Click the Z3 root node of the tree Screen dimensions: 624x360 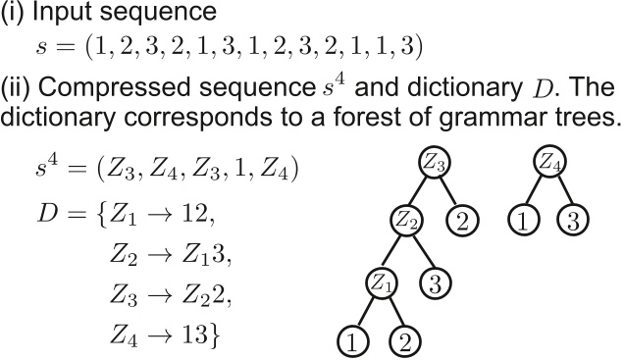pyautogui.click(x=435, y=162)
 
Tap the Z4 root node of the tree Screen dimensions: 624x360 pyautogui.click(x=549, y=161)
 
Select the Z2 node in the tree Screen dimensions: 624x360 pyautogui.click(x=407, y=220)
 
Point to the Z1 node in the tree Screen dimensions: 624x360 pyautogui.click(x=381, y=283)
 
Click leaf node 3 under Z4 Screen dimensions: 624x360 pyautogui.click(x=573, y=220)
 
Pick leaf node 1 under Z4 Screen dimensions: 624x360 pyautogui.click(x=524, y=220)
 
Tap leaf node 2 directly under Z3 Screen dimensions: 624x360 pyautogui.click(x=462, y=220)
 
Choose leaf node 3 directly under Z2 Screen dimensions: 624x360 pyautogui.click(x=436, y=283)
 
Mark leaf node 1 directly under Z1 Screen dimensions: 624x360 pyautogui.click(x=352, y=342)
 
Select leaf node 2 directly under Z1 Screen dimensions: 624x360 pyautogui.click(x=405, y=342)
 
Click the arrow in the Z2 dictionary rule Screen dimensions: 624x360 pyautogui.click(x=160, y=255)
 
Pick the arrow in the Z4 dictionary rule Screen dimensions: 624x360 pyautogui.click(x=160, y=334)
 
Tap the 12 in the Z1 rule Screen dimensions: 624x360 pyautogui.click(x=195, y=213)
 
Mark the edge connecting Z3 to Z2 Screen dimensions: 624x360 pyautogui.click(x=420, y=191)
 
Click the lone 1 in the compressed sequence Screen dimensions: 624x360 pyautogui.click(x=240, y=169)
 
